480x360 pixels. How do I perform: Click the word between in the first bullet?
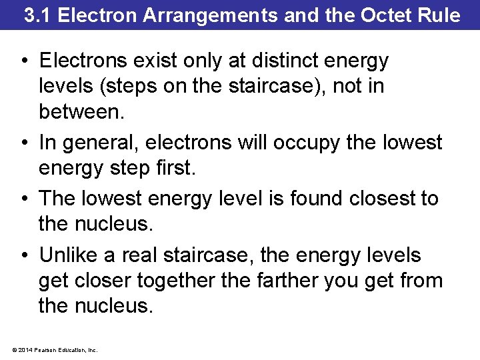81,111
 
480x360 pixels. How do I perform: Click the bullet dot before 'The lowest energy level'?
24,199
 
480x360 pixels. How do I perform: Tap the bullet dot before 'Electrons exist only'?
24,61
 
